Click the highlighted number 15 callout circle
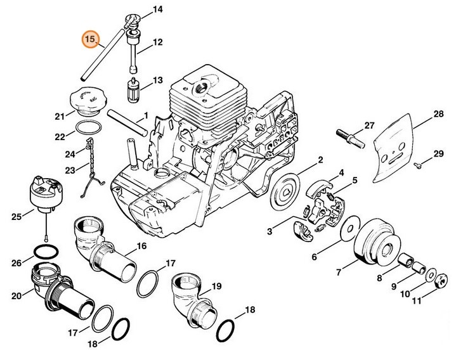tap(91, 39)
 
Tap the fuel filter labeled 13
tap(133, 91)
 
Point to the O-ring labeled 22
tap(89, 128)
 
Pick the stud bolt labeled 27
tap(351, 139)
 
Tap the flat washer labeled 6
tap(351, 228)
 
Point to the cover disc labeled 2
tap(285, 192)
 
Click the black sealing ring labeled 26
tap(46, 252)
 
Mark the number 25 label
tap(16, 216)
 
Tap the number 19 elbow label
tap(216, 286)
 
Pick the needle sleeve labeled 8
tap(405, 259)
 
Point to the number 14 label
tap(158, 10)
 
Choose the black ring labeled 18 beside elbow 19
tap(225, 331)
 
